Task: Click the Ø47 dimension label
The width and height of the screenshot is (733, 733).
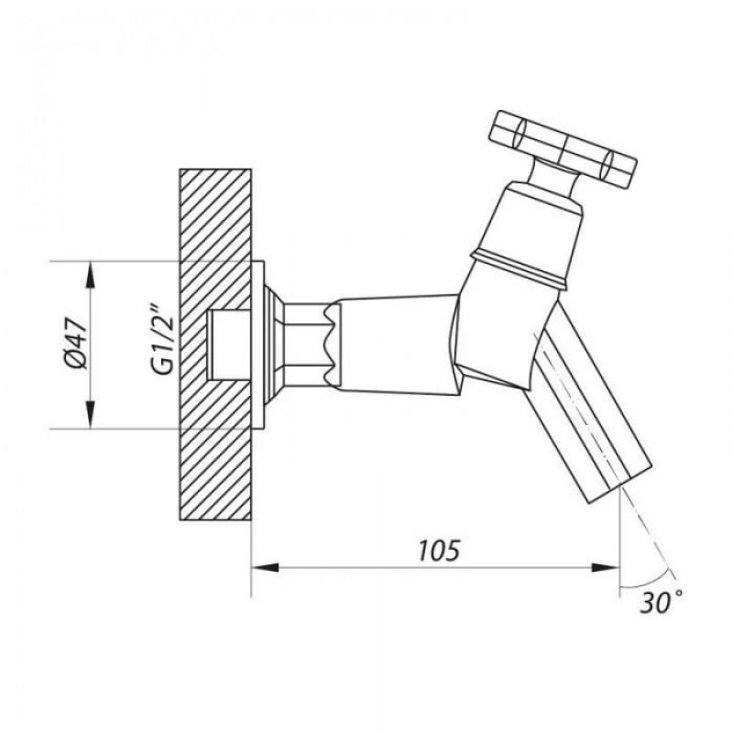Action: click(x=77, y=344)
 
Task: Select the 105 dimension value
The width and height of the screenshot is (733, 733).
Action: click(x=439, y=551)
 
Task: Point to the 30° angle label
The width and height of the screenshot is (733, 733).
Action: click(x=661, y=602)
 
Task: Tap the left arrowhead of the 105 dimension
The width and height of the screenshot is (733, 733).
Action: click(x=265, y=567)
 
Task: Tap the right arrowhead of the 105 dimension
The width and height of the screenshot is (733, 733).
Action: click(x=606, y=567)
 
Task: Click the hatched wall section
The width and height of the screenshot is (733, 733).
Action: click(x=215, y=345)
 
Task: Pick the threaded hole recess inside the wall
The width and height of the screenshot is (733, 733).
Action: click(x=230, y=345)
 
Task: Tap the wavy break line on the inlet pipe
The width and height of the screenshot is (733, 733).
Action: click(x=333, y=344)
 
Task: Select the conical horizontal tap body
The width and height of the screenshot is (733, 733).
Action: click(x=398, y=345)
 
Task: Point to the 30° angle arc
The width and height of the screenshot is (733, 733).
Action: click(x=649, y=580)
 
